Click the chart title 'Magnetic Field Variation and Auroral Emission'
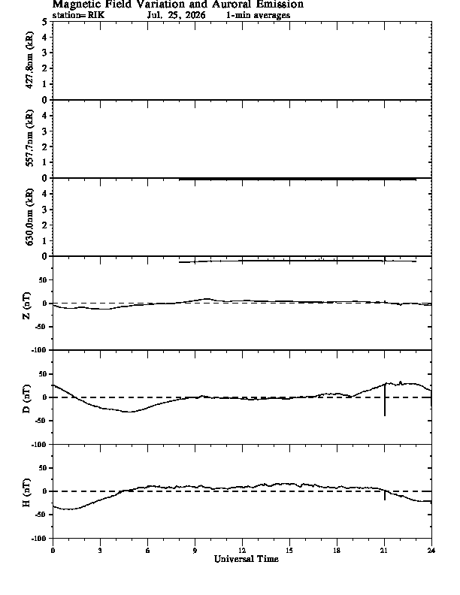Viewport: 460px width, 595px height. [x=178, y=5]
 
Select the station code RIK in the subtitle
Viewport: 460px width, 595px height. [x=96, y=16]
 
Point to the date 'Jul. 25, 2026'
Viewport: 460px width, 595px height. [x=177, y=16]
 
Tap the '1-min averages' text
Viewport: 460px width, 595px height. [x=258, y=16]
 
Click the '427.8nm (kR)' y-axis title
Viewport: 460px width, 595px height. [x=29, y=60]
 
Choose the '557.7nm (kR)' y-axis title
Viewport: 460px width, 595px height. [x=29, y=138]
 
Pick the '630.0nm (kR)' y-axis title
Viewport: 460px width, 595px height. [x=29, y=216]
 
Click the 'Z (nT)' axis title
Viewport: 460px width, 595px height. [x=26, y=306]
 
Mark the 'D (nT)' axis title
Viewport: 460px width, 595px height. [x=26, y=399]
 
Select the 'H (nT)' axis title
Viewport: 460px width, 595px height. [x=26, y=493]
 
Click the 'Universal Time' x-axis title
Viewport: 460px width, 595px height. [x=247, y=559]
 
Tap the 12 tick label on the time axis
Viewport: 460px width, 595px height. [x=242, y=551]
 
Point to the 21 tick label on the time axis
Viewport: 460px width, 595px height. [x=384, y=551]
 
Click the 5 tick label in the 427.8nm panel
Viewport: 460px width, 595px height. [x=45, y=22]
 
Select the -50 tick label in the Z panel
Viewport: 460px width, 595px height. [x=43, y=327]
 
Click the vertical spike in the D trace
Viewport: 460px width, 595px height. [x=385, y=400]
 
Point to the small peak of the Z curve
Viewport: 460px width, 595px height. [x=207, y=299]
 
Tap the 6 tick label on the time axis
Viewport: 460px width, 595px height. [x=147, y=551]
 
